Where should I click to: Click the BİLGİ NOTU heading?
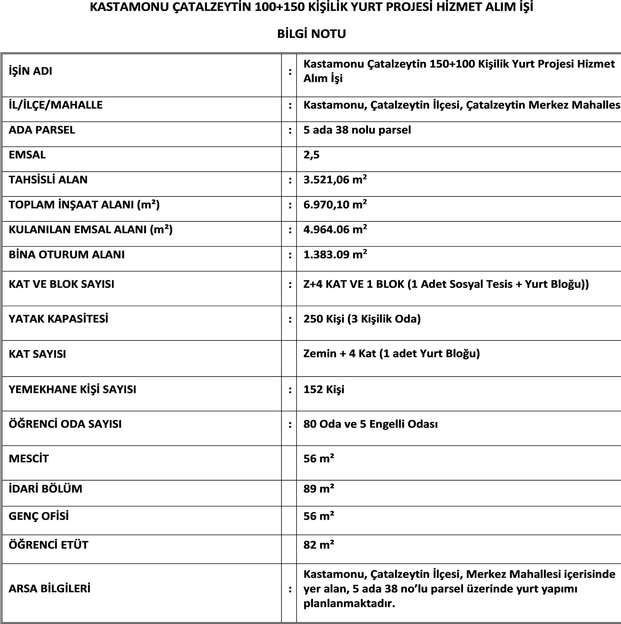coord(311,34)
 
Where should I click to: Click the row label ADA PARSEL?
coord(42,130)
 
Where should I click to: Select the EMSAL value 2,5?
coord(311,155)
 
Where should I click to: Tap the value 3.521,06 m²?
coord(335,179)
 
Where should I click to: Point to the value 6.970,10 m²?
coord(335,204)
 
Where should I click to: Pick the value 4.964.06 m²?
coord(335,229)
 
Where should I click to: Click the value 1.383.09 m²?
coord(335,254)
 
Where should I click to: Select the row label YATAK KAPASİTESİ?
coord(58,319)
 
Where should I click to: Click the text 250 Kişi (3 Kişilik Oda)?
coord(362,319)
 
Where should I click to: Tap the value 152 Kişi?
coord(324,389)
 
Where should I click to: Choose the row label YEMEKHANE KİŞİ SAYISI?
coord(72,389)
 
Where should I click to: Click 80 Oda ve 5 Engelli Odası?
coord(370,424)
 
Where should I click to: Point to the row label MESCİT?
coord(29,459)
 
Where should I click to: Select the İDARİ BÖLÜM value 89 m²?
coord(319,489)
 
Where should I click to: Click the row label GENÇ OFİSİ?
coord(39,516)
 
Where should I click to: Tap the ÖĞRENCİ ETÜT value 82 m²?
coord(319,545)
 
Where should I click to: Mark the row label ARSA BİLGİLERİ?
coord(49,588)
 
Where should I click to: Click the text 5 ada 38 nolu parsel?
coord(357,130)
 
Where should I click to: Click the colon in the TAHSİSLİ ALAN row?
coord(290,180)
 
